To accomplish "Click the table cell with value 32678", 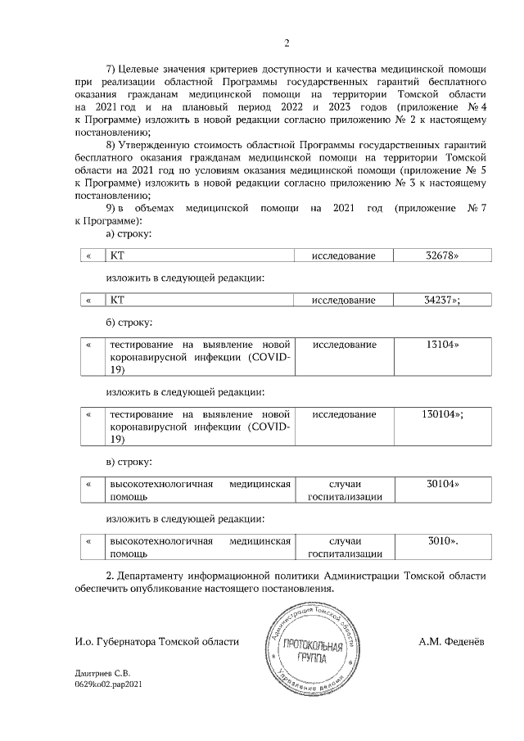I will point(442,256).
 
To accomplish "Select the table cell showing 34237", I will point(442,300).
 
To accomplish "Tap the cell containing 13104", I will point(442,345).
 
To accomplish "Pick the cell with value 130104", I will point(442,414).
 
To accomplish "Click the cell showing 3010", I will point(442,541).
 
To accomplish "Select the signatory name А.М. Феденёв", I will point(452,641).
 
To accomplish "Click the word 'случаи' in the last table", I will point(344,541).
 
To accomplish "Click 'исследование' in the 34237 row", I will point(344,300).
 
